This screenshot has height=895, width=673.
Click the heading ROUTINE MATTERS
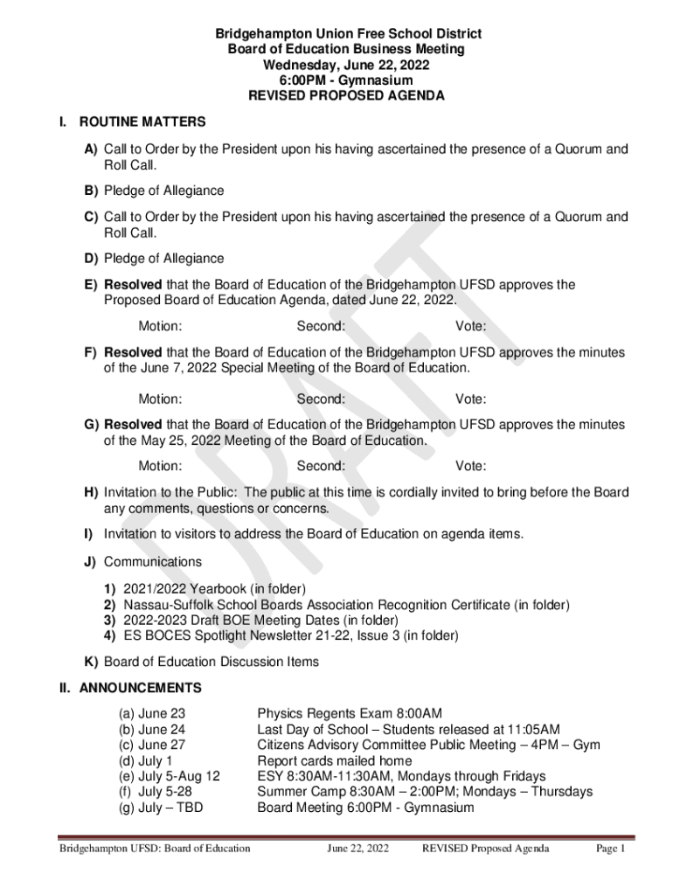point(142,121)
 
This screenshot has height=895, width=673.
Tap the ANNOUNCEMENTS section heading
point(141,688)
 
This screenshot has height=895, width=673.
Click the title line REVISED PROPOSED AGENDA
point(346,96)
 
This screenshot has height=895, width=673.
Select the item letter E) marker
point(91,285)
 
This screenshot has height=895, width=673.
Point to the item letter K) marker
point(91,662)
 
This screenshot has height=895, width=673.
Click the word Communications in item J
point(153,562)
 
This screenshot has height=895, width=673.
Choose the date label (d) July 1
point(146,761)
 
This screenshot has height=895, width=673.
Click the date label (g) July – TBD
point(161,808)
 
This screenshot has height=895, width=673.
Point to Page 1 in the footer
point(611,849)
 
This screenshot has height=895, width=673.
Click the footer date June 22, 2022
point(358,849)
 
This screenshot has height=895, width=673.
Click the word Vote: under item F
point(471,399)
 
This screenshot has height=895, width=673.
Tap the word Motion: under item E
point(160,327)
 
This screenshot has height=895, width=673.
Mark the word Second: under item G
point(321,467)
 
